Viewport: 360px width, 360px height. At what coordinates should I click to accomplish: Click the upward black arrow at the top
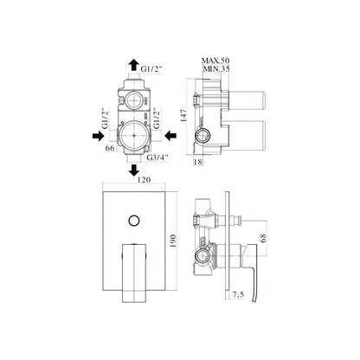[x=133, y=65]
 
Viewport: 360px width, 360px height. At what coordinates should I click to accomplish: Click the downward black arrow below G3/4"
[x=134, y=170]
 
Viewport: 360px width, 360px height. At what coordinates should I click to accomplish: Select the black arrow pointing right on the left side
[x=98, y=136]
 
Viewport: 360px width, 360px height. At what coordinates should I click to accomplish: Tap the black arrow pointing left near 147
[x=170, y=135]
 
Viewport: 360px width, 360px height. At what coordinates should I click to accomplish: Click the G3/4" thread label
[x=157, y=157]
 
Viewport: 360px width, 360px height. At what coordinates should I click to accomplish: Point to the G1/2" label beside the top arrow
[x=151, y=69]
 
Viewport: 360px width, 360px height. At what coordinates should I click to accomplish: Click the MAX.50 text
[x=215, y=61]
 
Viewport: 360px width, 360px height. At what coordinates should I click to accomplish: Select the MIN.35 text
[x=216, y=68]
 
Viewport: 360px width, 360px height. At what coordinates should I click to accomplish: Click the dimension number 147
[x=184, y=115]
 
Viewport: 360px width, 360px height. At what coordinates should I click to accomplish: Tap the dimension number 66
[x=110, y=148]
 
